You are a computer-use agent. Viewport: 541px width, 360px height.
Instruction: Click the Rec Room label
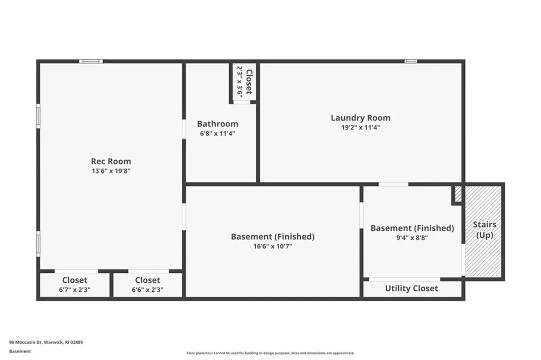pyautogui.click(x=111, y=161)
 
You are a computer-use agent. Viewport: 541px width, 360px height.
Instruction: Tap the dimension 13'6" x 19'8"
pyautogui.click(x=111, y=171)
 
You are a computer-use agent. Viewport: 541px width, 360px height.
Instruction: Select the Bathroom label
pyautogui.click(x=218, y=124)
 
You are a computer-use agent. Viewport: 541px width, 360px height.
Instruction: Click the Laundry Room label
pyautogui.click(x=361, y=117)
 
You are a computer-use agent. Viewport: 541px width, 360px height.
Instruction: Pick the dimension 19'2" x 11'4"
pyautogui.click(x=361, y=127)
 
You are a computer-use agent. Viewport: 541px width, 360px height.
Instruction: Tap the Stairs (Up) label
pyautogui.click(x=484, y=230)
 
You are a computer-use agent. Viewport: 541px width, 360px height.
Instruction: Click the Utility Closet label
pyautogui.click(x=412, y=288)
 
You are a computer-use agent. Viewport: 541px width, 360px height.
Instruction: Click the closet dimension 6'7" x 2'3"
pyautogui.click(x=75, y=290)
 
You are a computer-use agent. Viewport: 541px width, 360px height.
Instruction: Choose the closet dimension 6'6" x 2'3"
pyautogui.click(x=147, y=290)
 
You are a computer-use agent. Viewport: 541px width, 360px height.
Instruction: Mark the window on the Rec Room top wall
pyautogui.click(x=91, y=61)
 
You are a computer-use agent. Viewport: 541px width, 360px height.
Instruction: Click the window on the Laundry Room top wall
pyautogui.click(x=411, y=61)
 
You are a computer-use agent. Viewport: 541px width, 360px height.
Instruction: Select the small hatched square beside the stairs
pyautogui.click(x=458, y=193)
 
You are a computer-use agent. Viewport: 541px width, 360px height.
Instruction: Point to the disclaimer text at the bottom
pyautogui.click(x=270, y=353)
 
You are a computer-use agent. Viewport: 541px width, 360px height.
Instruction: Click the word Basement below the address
pyautogui.click(x=20, y=351)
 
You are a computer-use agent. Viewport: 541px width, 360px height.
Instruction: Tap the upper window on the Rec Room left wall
pyautogui.click(x=38, y=116)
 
